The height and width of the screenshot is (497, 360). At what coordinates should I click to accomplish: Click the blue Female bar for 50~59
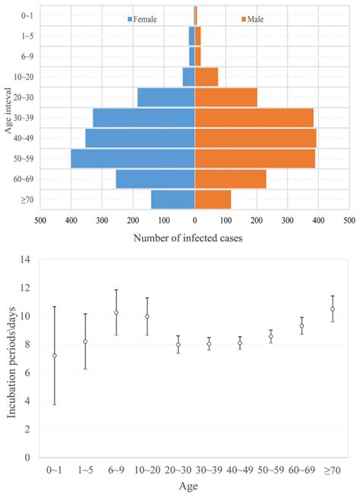(133, 159)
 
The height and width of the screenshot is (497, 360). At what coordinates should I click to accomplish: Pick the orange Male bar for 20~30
(226, 97)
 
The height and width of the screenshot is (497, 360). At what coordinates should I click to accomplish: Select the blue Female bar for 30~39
(144, 118)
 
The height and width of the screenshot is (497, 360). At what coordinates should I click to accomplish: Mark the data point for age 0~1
(54, 356)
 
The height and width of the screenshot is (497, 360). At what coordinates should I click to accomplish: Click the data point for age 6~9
(116, 313)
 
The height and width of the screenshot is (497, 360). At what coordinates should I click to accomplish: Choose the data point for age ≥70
(333, 309)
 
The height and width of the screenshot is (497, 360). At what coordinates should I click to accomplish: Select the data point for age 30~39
(209, 344)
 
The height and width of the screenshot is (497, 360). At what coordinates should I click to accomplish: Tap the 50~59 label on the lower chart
(270, 471)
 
